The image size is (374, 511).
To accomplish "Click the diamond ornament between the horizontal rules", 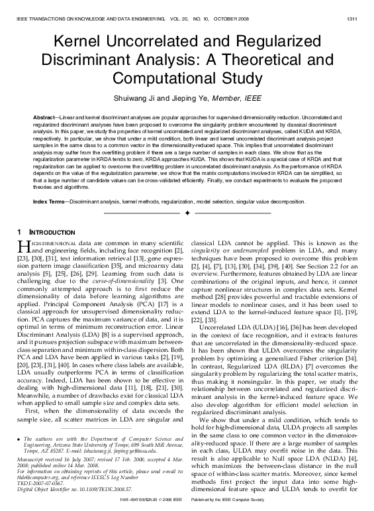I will click(187, 214).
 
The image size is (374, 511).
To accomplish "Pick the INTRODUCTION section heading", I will click(50, 233).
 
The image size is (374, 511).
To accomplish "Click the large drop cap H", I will click(22, 247).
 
